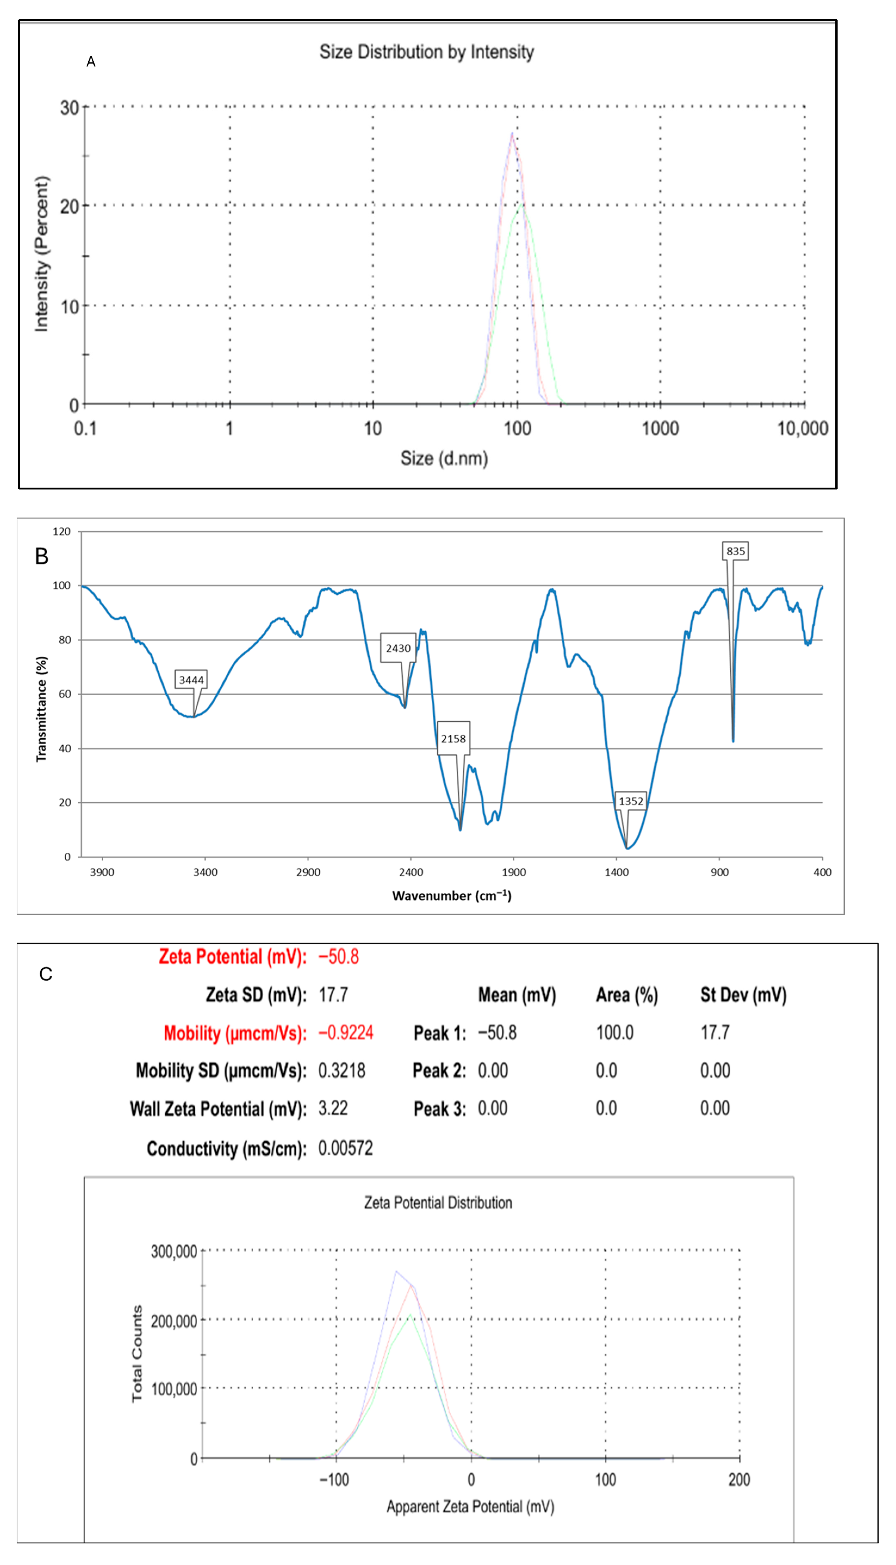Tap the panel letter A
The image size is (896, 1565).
91,61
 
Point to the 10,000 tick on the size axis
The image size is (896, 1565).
802,428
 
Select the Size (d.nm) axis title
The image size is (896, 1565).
444,458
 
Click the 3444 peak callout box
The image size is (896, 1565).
191,679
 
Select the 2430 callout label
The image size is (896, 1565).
398,648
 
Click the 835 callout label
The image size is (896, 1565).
735,551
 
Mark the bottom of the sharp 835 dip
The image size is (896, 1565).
733,740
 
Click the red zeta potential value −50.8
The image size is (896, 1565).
338,957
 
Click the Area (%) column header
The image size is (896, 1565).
626,995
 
